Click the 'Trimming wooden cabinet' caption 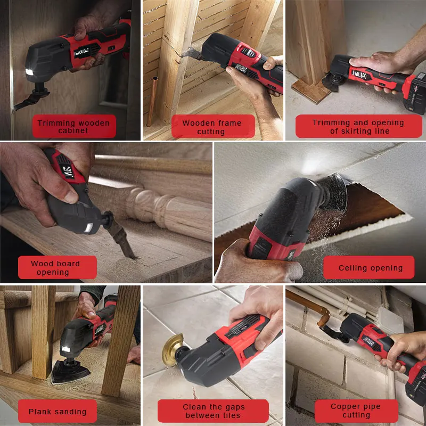click(73, 127)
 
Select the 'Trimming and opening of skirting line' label click(359, 126)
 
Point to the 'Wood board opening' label click(55, 267)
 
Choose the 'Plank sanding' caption click(58, 411)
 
